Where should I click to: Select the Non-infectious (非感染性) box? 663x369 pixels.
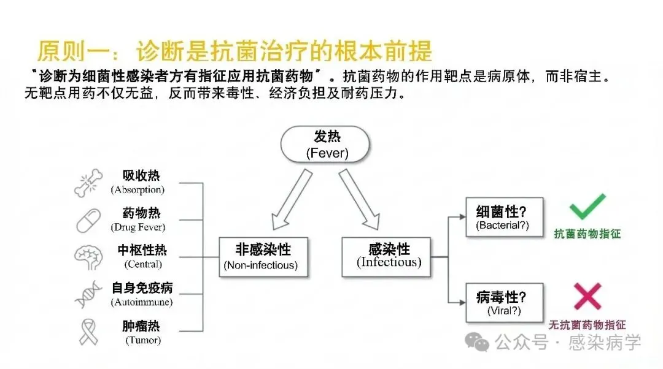263,256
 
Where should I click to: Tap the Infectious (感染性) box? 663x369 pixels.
389,256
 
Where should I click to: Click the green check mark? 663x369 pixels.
587,207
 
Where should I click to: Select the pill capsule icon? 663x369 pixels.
89,220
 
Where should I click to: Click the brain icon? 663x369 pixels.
88,257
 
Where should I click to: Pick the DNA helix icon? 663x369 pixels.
88,295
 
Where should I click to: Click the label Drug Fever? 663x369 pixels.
138,227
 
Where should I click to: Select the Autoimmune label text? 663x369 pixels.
142,302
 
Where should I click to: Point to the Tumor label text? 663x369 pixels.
142,340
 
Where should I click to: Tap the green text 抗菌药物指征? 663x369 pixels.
587,234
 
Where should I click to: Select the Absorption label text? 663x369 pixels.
138,190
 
